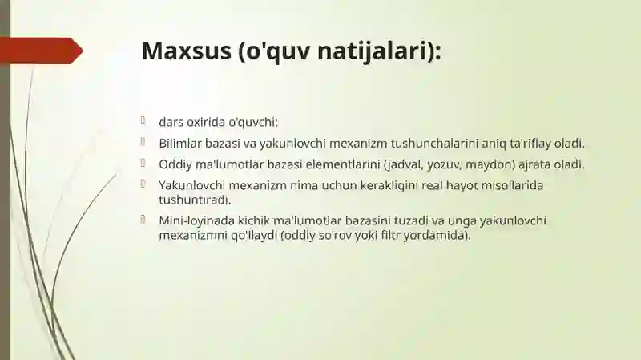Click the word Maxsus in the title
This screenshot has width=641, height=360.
click(185, 50)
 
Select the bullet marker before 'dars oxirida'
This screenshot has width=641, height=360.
click(142, 122)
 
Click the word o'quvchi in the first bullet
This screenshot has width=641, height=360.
click(252, 123)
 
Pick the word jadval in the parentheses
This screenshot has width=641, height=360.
click(403, 164)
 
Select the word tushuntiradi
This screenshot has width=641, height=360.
click(195, 199)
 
